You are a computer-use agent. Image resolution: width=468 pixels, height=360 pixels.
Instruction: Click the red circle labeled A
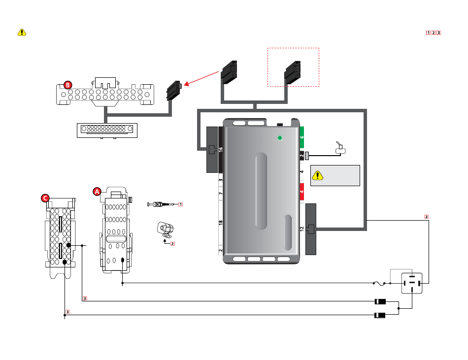[97, 192]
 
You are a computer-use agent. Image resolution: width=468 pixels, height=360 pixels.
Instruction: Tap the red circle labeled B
[68, 85]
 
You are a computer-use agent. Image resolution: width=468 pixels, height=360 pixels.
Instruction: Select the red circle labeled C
[45, 198]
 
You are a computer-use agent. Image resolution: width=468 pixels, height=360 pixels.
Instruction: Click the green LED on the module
[280, 138]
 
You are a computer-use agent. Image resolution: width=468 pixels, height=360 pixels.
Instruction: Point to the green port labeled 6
[302, 137]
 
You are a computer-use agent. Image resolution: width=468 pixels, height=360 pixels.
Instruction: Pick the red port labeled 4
[302, 192]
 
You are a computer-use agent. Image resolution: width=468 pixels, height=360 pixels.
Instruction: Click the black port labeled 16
[221, 150]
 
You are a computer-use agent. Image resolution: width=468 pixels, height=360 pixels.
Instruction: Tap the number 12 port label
[302, 229]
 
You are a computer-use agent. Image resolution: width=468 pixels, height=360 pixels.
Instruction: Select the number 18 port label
[221, 223]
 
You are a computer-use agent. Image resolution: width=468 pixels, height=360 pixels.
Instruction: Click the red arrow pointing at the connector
[201, 78]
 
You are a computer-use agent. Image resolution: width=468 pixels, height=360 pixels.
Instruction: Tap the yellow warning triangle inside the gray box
[318, 175]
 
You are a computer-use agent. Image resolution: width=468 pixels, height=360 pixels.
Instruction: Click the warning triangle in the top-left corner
[22, 32]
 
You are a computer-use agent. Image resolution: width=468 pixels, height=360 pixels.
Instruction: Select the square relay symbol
[412, 283]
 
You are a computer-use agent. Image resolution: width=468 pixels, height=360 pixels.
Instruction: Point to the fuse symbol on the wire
[380, 283]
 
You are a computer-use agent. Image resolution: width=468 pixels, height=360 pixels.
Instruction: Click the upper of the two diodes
[380, 301]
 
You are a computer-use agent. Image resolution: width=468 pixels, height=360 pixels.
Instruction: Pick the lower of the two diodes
[380, 315]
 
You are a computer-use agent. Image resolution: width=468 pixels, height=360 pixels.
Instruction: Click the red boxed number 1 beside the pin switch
[180, 204]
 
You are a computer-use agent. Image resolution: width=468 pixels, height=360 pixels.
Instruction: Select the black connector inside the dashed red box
[293, 72]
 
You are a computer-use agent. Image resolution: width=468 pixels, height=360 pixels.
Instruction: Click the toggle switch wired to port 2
[340, 148]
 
